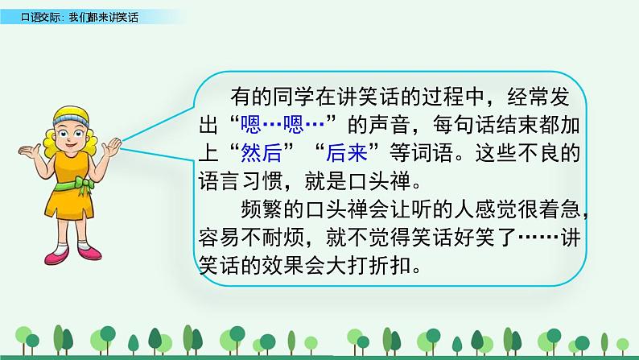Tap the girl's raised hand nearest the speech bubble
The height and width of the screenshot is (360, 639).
point(116,147)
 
